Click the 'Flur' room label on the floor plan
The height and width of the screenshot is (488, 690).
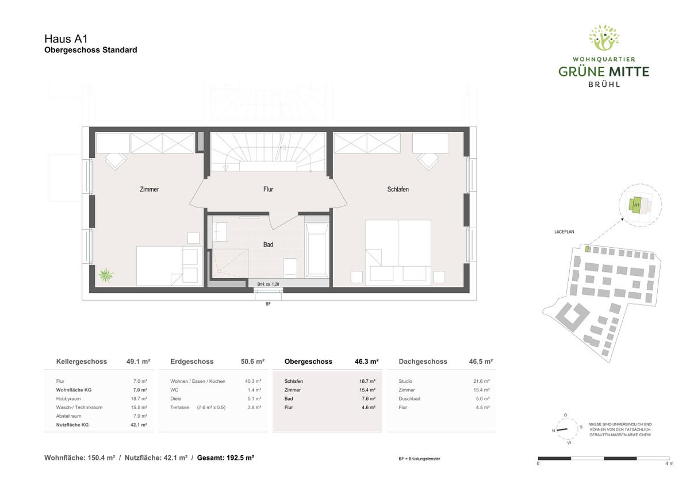(x=268, y=189)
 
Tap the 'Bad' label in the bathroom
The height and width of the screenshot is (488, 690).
(x=268, y=244)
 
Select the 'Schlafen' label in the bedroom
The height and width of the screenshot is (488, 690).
(x=398, y=189)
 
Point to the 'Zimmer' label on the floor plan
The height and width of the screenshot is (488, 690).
(x=149, y=189)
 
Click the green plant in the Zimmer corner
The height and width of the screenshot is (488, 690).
(x=106, y=275)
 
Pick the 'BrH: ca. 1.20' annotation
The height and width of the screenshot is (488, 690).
(x=268, y=284)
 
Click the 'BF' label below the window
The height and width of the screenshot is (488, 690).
(x=268, y=304)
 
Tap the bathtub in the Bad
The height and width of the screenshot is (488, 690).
(x=317, y=250)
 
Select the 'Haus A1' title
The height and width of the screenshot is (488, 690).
(x=66, y=39)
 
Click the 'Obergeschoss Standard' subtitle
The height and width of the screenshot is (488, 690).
(x=91, y=50)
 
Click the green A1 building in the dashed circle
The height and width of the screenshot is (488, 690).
(x=635, y=205)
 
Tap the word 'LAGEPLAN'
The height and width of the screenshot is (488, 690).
(x=564, y=232)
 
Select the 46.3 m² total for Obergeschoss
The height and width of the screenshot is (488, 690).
(x=367, y=362)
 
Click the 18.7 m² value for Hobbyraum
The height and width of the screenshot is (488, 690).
(x=139, y=398)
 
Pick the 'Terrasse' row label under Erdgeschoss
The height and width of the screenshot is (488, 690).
(x=179, y=408)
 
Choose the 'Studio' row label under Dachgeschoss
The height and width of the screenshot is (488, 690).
(x=405, y=381)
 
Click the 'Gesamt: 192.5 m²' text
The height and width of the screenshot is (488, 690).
(x=225, y=458)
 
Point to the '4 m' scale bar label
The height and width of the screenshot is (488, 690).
(x=669, y=463)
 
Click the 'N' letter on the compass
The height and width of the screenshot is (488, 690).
(x=553, y=431)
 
